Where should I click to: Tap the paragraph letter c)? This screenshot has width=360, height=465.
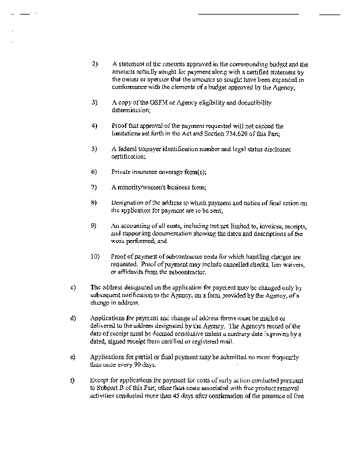pyautogui.click(x=72, y=287)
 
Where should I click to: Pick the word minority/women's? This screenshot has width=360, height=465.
pyautogui.click(x=143, y=187)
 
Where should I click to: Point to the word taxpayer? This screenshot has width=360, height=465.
pyautogui.click(x=153, y=149)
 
